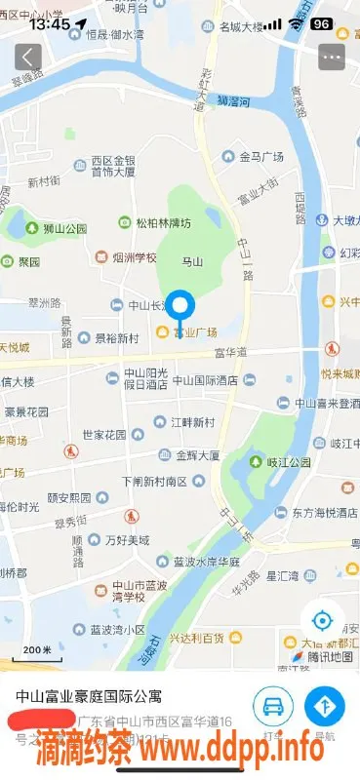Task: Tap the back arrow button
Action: click(27, 57)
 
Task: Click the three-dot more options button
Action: click(332, 57)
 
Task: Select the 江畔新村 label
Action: click(191, 422)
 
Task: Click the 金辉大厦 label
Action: click(197, 454)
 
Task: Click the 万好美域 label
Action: click(127, 539)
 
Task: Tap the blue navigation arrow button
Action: click(324, 705)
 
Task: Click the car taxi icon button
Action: click(273, 705)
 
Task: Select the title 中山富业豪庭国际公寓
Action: click(88, 697)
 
